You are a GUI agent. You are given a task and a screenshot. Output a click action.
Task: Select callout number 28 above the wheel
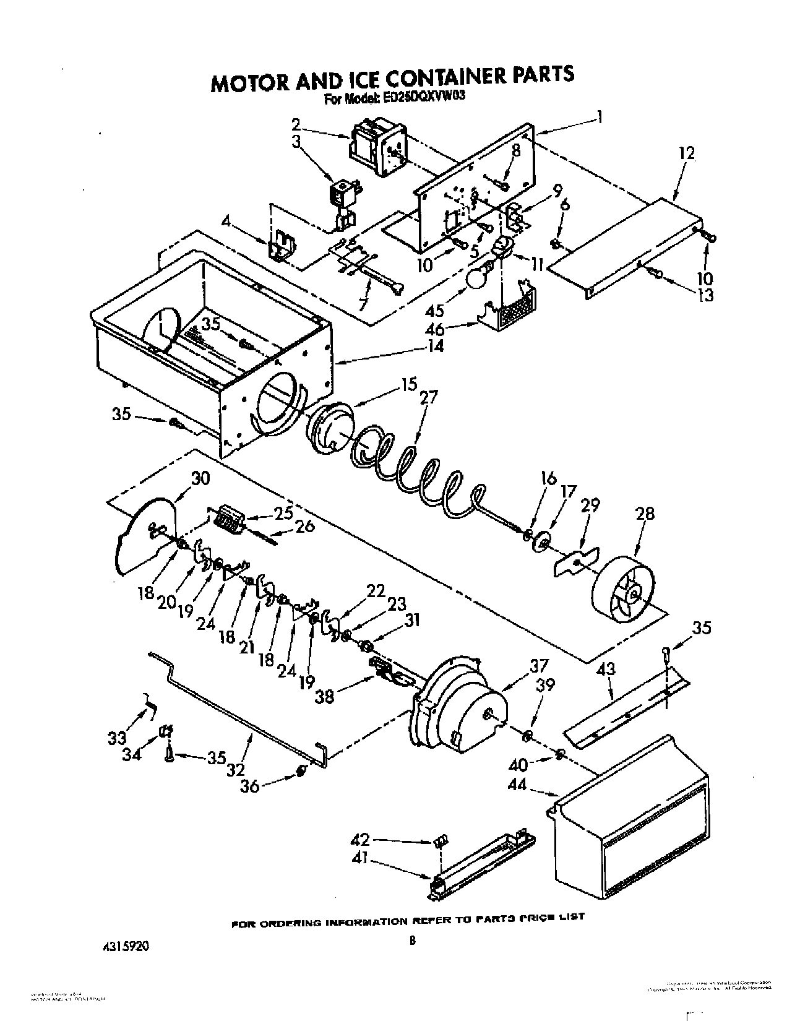645,513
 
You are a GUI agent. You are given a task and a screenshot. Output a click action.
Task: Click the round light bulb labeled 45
476,278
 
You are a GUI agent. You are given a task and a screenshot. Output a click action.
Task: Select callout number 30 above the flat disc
200,478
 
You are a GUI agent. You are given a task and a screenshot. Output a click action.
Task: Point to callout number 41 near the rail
359,858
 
